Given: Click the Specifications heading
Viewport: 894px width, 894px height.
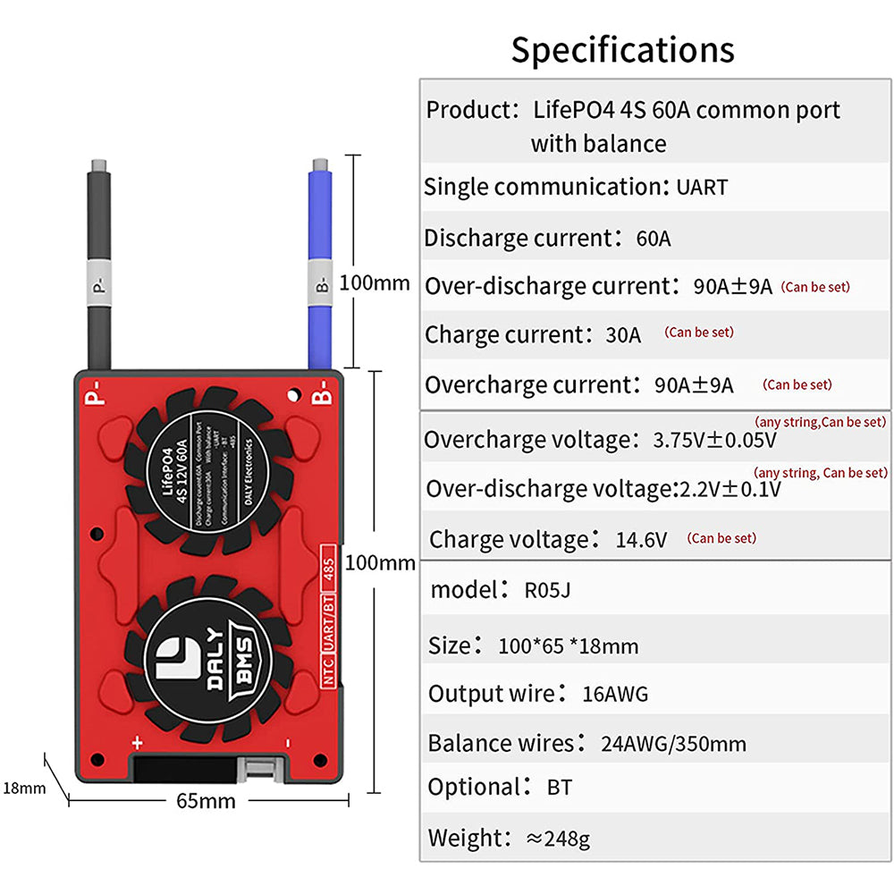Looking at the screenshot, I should pos(622,49).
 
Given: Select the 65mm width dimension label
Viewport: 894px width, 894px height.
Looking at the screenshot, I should pos(205,800).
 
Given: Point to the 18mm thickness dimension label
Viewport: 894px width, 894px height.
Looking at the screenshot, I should pos(23,788).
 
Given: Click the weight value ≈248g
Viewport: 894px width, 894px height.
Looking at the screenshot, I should pos(557,839).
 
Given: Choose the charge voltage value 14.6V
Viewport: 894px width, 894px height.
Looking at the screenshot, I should pos(642,540).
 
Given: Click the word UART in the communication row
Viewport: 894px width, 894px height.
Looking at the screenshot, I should pos(702,188).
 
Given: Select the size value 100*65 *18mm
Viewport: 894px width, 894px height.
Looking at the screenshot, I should pos(569,645).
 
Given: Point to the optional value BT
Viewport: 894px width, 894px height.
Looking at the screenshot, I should pos(559,788).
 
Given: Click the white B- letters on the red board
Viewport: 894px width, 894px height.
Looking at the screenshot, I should pos(324,396).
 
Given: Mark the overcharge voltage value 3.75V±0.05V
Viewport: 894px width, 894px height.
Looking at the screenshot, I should pos(714,441).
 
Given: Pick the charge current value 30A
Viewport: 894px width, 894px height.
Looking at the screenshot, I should pos(623,335).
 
